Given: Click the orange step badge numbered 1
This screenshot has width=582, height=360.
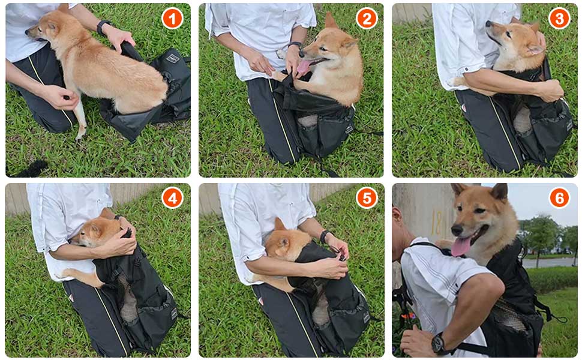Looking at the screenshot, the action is tap(172, 18).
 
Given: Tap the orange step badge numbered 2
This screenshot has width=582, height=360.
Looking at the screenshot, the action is tap(367, 18).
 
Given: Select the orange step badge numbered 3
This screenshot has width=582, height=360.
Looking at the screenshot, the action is tap(559, 18).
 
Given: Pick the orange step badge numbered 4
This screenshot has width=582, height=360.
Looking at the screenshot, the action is tap(172, 198).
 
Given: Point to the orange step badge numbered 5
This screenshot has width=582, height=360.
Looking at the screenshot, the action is tap(367, 198).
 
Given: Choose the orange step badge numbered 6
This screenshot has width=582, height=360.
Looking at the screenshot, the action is tap(559, 198).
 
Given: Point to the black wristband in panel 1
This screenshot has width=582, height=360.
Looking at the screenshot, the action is tap(103, 27).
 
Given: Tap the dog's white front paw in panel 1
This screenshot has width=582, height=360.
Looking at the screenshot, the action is tap(80, 132).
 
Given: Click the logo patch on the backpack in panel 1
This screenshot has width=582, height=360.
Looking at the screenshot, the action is tap(173, 58).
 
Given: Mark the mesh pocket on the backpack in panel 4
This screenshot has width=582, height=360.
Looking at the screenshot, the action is tap(128, 299).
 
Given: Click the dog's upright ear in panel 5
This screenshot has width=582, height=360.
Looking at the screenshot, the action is tap(279, 224).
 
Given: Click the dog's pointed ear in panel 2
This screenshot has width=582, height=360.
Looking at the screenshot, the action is tap(331, 20).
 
